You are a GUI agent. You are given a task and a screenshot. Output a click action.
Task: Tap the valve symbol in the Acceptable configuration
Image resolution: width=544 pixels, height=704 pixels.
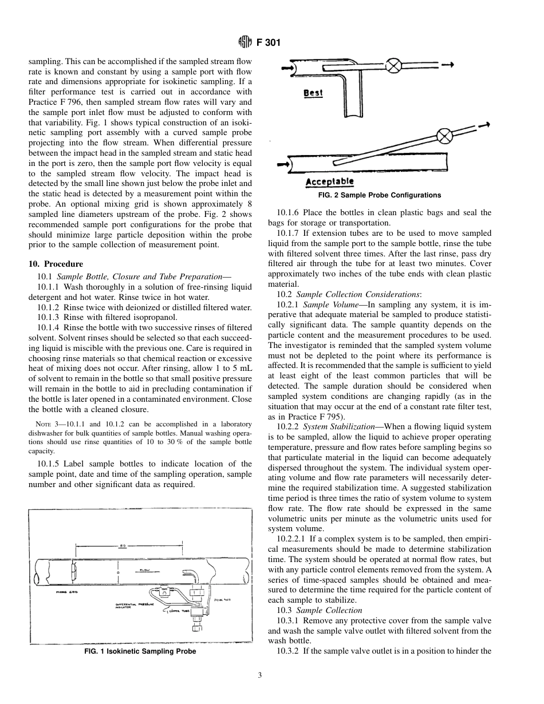(x=445, y=136)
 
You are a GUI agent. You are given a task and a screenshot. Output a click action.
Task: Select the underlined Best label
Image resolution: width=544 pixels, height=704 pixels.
(x=313, y=93)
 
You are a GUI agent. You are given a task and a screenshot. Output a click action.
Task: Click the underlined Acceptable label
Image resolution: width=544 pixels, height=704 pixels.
(x=330, y=182)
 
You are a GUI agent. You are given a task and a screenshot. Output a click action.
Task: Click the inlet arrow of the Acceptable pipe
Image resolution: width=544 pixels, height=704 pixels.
(x=282, y=164)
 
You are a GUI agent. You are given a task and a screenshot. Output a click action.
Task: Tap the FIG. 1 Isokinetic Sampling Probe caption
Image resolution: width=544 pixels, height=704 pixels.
(x=140, y=651)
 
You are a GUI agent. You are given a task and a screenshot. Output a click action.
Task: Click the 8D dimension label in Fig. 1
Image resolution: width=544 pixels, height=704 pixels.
(x=123, y=545)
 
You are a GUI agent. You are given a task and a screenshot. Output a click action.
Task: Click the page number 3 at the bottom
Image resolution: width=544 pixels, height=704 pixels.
(x=259, y=675)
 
